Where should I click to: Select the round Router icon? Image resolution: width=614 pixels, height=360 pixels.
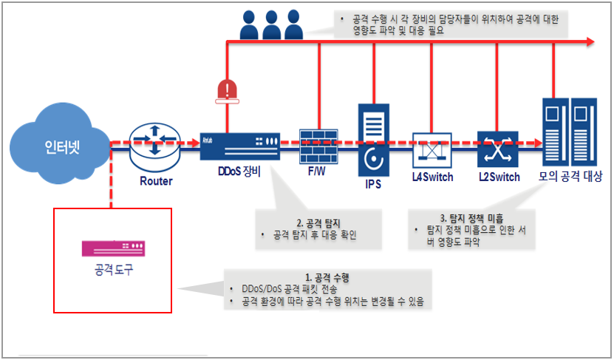coord(154,142)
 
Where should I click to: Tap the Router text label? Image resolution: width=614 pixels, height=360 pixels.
coord(155,181)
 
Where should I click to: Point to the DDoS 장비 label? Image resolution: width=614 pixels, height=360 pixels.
coord(240,177)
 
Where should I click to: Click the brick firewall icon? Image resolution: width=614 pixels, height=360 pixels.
coord(318,145)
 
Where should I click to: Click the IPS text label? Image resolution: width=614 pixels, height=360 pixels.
coord(373,183)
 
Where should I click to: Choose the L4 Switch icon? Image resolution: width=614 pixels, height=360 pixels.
coord(432,148)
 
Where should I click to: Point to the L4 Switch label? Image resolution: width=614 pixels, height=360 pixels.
coord(432,177)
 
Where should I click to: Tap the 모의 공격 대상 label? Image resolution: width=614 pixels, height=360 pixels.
coord(572,177)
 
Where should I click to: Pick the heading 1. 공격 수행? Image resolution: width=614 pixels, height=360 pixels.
coord(327,277)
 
